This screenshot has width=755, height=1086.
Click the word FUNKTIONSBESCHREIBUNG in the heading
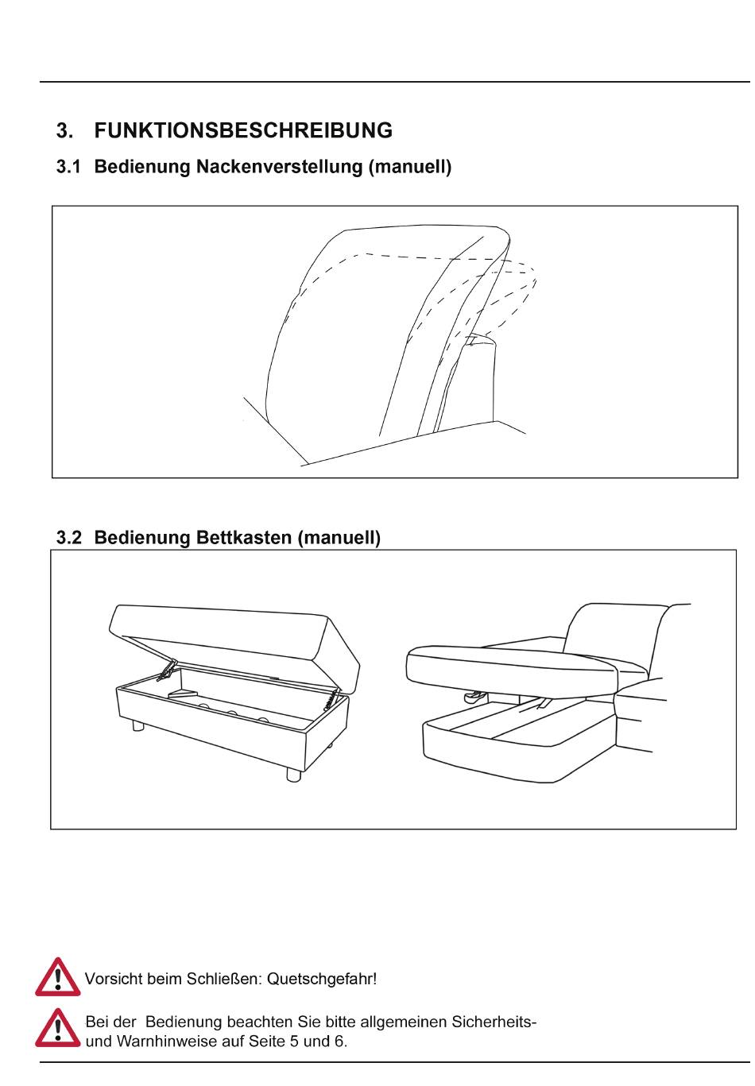coord(243,131)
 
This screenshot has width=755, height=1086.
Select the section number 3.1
coord(68,168)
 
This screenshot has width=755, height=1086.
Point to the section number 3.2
coord(68,539)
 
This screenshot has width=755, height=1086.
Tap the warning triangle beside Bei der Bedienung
coord(57,1029)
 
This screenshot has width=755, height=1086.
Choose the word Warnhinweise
coord(164,1042)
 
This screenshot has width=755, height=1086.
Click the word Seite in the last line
coord(272,1042)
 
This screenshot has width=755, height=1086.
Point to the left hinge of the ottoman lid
coord(167,671)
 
